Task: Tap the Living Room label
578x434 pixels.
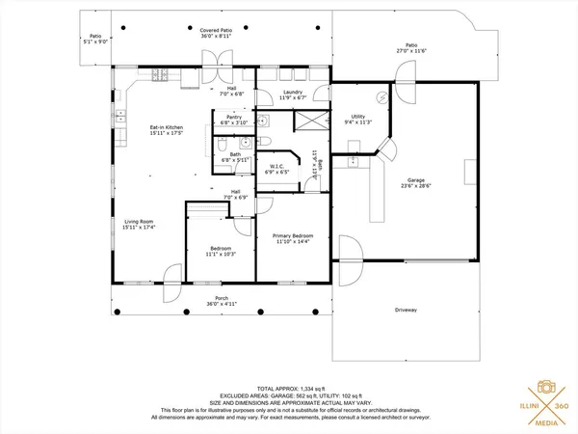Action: pos(139,225)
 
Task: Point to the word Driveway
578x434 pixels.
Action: pos(406,310)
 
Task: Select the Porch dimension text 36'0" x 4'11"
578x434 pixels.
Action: pos(222,304)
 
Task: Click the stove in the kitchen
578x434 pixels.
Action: pos(160,75)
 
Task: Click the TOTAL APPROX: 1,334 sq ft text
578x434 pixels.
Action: pos(288,384)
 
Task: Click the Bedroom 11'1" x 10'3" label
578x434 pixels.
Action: pos(221,251)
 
